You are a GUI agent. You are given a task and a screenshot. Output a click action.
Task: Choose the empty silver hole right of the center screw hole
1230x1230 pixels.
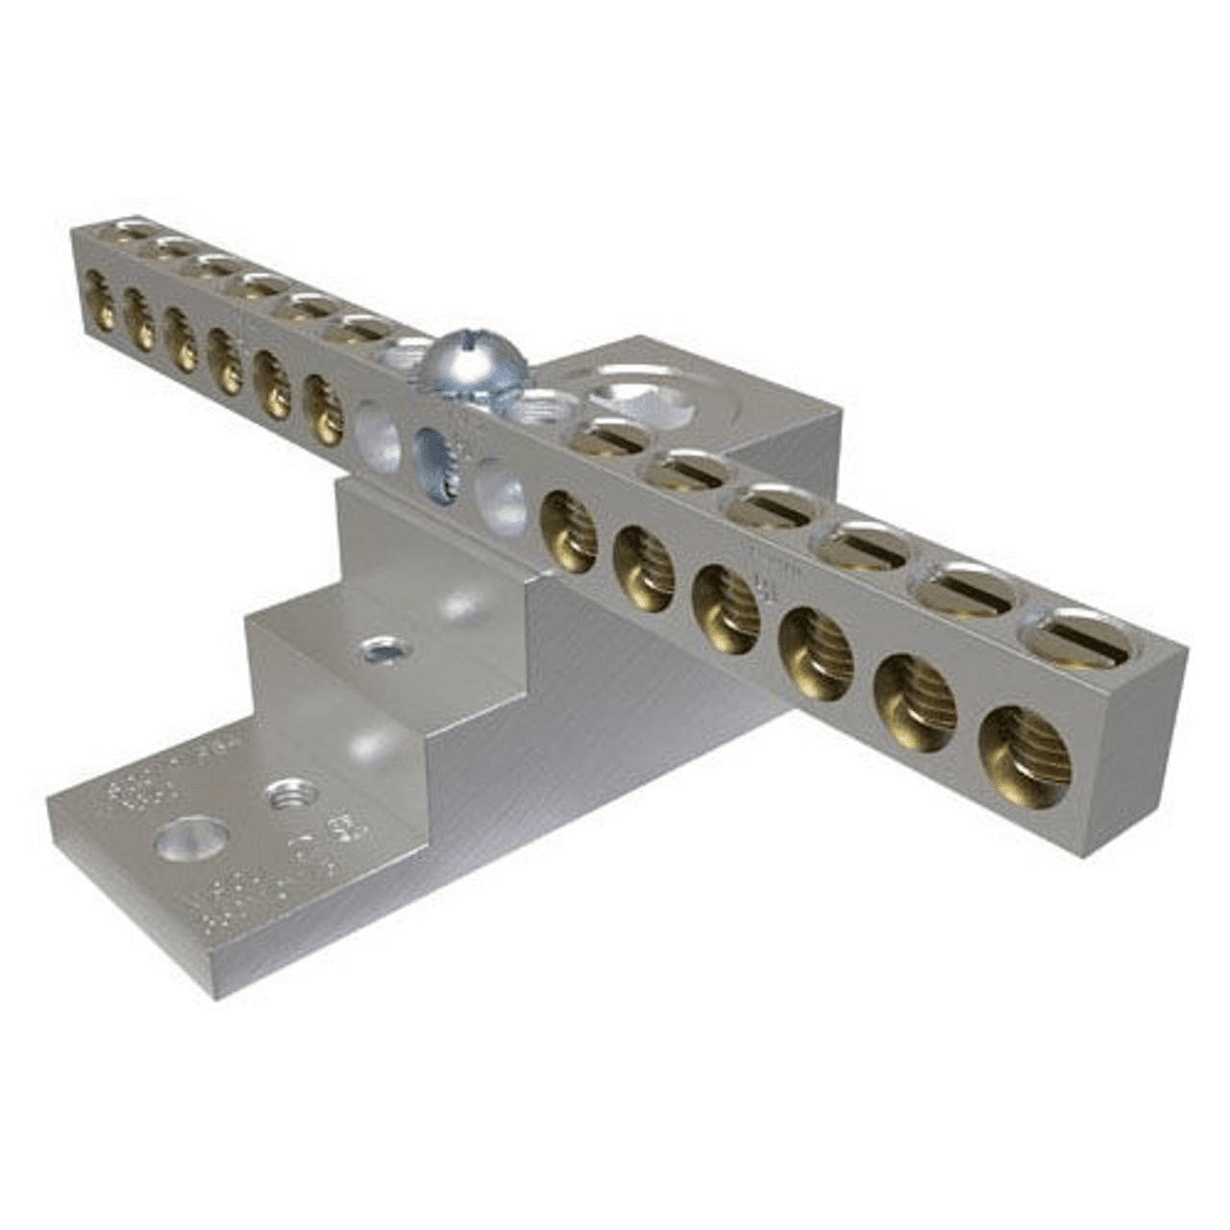pyautogui.click(x=501, y=489)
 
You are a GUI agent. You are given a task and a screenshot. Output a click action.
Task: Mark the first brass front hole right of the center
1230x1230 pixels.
pyautogui.click(x=568, y=530)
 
